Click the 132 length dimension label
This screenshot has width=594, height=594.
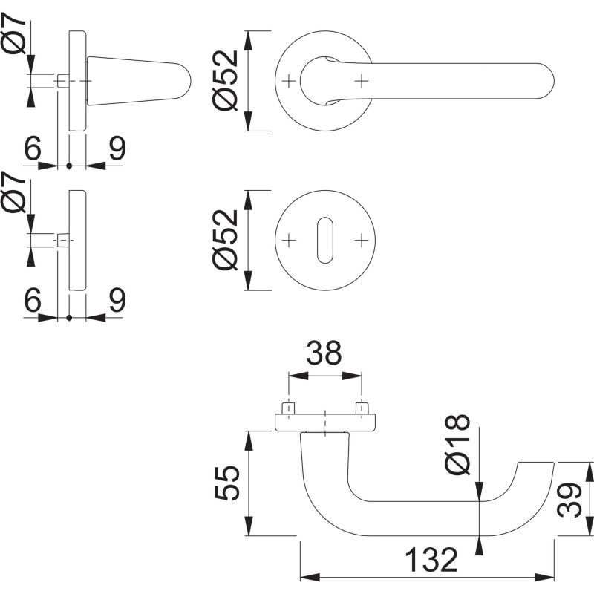coord(431,560)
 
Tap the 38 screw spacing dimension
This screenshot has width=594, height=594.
coord(324,353)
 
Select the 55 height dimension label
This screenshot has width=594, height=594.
coord(227,483)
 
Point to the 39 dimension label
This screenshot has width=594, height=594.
coord(569,500)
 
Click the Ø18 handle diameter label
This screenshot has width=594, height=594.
coord(458,444)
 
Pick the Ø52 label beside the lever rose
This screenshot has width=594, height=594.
coord(225,80)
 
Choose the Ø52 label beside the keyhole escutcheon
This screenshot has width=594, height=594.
coord(225,240)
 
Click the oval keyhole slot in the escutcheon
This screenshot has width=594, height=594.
coord(325,240)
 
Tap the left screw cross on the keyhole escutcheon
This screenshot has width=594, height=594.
coord(289,240)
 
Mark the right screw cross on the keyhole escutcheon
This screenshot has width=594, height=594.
coord(362,240)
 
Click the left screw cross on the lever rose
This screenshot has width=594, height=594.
coord(289,81)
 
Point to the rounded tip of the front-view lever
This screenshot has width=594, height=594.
coord(553,81)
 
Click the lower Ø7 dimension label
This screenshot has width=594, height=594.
coord(13,192)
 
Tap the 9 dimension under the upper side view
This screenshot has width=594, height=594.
coord(117,148)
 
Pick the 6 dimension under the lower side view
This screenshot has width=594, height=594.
coord(32,300)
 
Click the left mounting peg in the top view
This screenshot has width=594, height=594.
coord(289,408)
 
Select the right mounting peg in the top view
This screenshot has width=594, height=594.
coord(362,408)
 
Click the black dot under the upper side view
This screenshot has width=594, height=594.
coord(69,166)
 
